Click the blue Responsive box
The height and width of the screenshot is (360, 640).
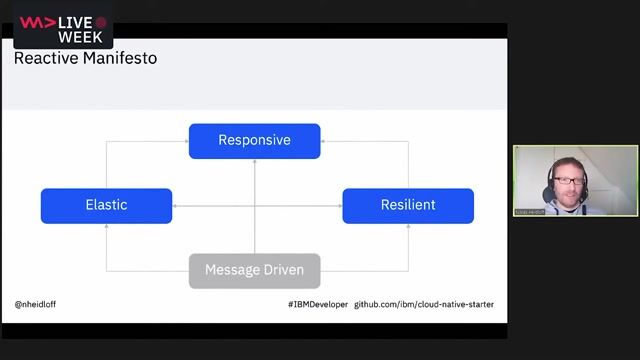(x=254, y=141)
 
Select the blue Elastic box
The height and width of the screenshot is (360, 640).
(x=106, y=206)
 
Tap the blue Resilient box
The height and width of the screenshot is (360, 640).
(x=408, y=206)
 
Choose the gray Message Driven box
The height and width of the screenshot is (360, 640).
(x=254, y=271)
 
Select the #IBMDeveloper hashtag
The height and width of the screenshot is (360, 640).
(x=316, y=304)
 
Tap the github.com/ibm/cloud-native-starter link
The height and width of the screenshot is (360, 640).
(x=424, y=304)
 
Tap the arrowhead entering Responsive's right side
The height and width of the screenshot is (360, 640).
(x=323, y=141)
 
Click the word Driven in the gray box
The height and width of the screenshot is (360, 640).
(x=284, y=271)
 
